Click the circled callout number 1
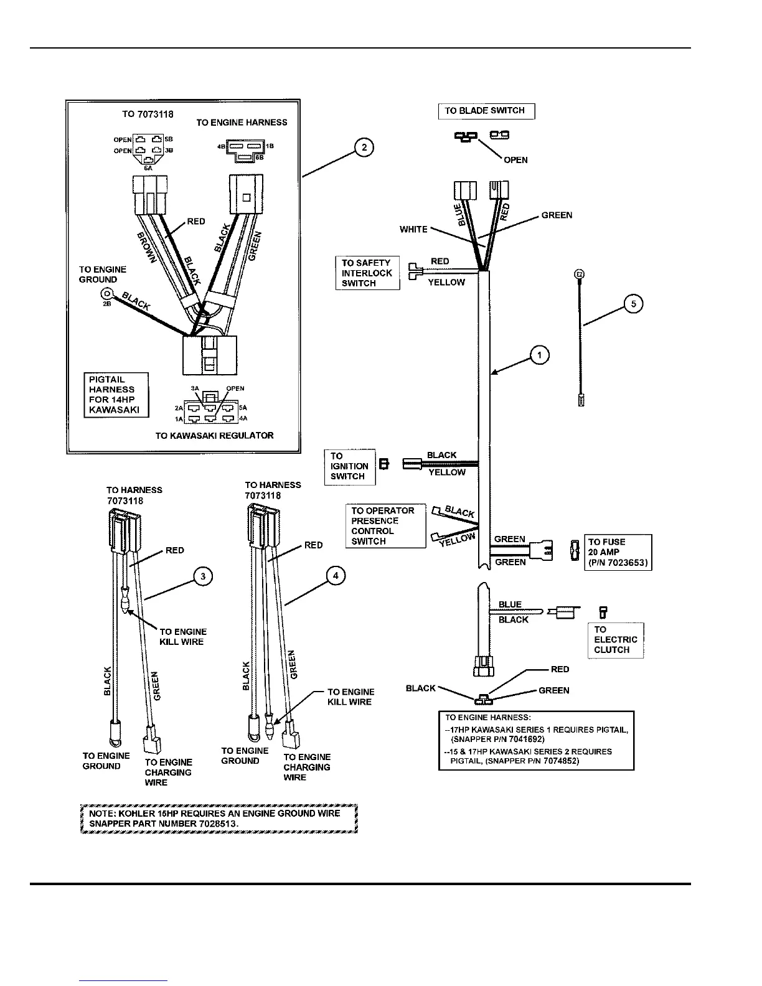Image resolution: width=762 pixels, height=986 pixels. pyautogui.click(x=539, y=355)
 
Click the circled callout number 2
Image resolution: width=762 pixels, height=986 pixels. pyautogui.click(x=364, y=148)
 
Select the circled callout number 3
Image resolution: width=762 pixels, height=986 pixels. pyautogui.click(x=203, y=576)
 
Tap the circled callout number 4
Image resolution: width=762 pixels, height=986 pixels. pyautogui.click(x=336, y=576)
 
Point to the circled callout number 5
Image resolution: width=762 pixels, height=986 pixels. pyautogui.click(x=634, y=304)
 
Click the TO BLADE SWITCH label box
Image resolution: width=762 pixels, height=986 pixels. pyautogui.click(x=486, y=111)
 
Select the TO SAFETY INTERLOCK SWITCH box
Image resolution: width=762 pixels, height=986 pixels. pyautogui.click(x=367, y=273)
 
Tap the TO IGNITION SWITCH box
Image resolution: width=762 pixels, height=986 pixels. pyautogui.click(x=350, y=466)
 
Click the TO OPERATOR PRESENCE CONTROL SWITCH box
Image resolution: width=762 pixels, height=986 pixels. pyautogui.click(x=385, y=526)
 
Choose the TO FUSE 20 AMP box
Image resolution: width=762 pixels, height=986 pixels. pyautogui.click(x=618, y=552)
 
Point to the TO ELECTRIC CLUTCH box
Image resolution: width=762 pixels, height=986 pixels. pyautogui.click(x=616, y=640)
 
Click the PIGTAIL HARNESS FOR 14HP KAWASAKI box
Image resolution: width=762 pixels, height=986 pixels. pyautogui.click(x=116, y=395)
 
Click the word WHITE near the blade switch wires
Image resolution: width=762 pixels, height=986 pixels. pyautogui.click(x=413, y=230)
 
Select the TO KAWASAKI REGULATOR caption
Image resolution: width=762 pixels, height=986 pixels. pyautogui.click(x=214, y=436)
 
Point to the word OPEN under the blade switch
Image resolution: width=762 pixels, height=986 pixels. pyautogui.click(x=515, y=160)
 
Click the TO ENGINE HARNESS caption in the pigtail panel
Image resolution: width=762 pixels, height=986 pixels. pyautogui.click(x=242, y=123)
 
